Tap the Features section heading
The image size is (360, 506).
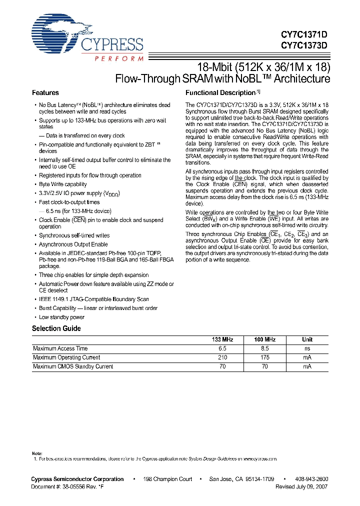[x=45, y=93]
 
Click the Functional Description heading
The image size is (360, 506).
[x=220, y=93]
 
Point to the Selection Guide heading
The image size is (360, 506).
[x=56, y=328]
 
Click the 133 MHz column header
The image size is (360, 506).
[x=222, y=339]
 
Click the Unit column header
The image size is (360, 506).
[x=307, y=339]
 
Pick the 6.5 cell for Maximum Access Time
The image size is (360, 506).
[x=222, y=348]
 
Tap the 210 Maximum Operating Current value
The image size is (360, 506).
[x=222, y=357]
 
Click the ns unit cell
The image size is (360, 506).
[x=307, y=348]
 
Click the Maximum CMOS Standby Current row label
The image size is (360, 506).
[x=73, y=366]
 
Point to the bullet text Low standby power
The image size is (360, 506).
[x=61, y=317]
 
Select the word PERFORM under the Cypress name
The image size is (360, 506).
[x=119, y=58]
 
